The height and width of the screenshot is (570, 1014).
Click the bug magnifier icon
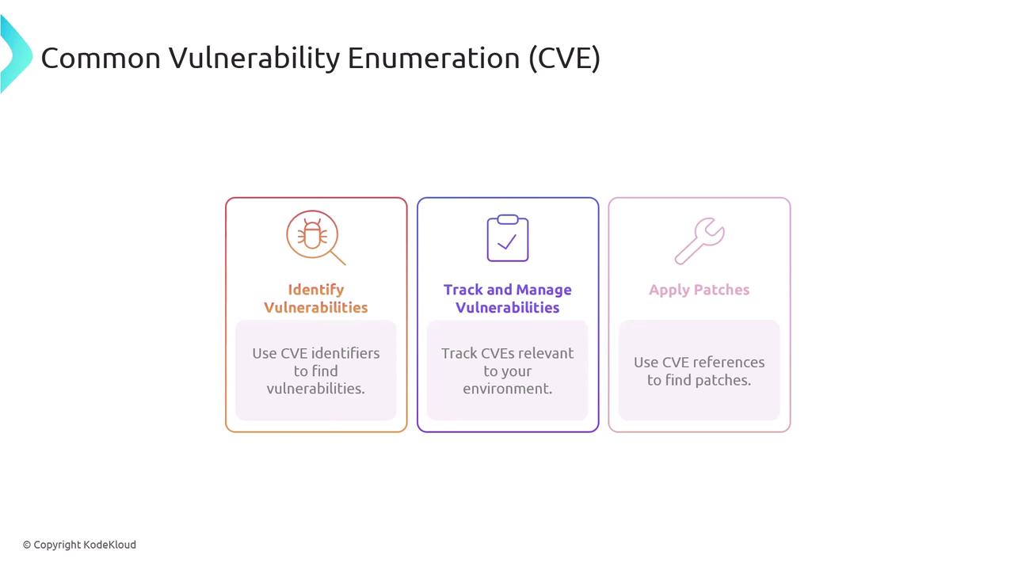(x=313, y=235)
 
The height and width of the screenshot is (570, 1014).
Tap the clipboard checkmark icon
(x=508, y=238)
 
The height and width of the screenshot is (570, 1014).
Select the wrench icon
(x=700, y=241)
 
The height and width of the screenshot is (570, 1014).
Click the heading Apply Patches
(x=699, y=290)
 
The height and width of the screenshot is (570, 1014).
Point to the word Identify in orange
(x=316, y=290)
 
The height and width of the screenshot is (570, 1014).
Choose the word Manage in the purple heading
(x=543, y=291)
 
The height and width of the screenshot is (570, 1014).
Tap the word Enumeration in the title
(x=433, y=59)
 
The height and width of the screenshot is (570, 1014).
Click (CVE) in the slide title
(x=565, y=59)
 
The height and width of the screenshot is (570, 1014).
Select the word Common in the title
(x=101, y=59)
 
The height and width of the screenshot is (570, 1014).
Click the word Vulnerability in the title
(x=254, y=59)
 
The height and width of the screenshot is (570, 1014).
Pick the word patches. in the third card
(x=723, y=381)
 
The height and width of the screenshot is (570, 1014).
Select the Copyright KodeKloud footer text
(x=79, y=545)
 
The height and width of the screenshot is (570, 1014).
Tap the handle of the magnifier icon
(x=338, y=258)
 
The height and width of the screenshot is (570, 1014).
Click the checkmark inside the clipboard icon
(x=507, y=242)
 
